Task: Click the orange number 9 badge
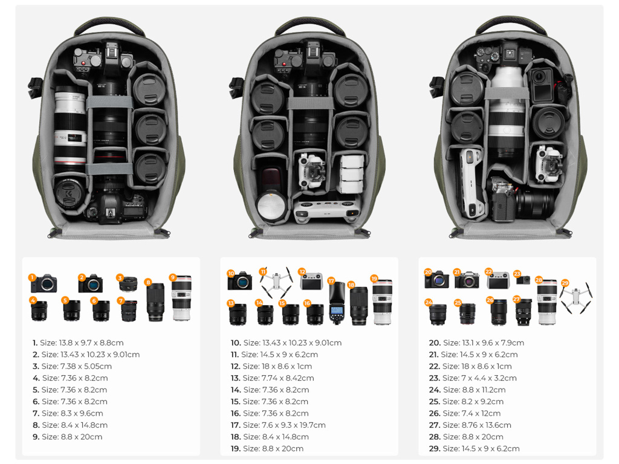pos(172,278)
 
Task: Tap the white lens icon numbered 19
pos(382,302)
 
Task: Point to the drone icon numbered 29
pos(575,297)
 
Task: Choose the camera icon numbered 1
pos(44,283)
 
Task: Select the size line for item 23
pos(473,378)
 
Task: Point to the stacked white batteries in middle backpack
pos(351,174)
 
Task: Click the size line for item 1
pos(78,343)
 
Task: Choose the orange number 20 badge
pos(428,272)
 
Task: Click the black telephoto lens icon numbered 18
pos(358,306)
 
